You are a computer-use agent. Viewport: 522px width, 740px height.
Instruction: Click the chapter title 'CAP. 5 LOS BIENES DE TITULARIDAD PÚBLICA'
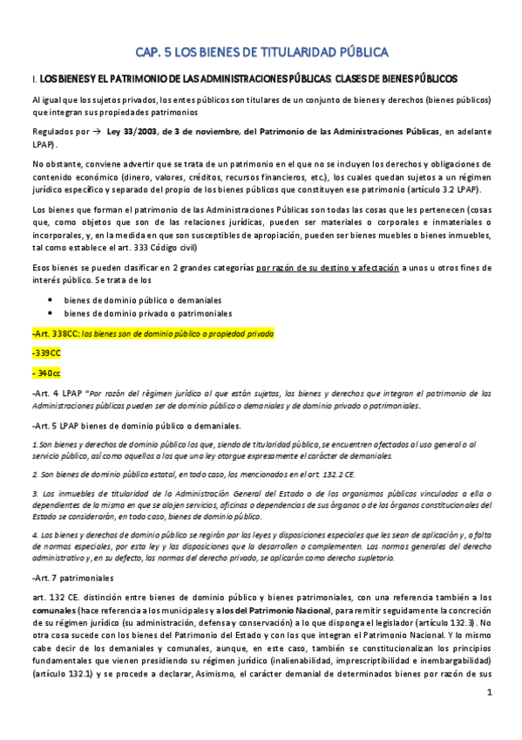pos(261,51)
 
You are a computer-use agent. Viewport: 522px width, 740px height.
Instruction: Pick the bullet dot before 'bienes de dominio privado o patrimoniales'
pos(51,312)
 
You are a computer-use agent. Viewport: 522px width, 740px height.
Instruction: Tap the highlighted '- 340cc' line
pos(46,373)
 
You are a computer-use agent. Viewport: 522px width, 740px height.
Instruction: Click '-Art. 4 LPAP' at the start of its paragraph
pos(58,394)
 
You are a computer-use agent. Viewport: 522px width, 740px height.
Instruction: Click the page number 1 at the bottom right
pos(490,717)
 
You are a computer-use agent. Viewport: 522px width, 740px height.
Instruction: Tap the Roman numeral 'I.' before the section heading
pos(33,79)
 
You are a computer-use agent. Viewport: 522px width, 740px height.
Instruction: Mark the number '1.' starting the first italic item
pos(34,444)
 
